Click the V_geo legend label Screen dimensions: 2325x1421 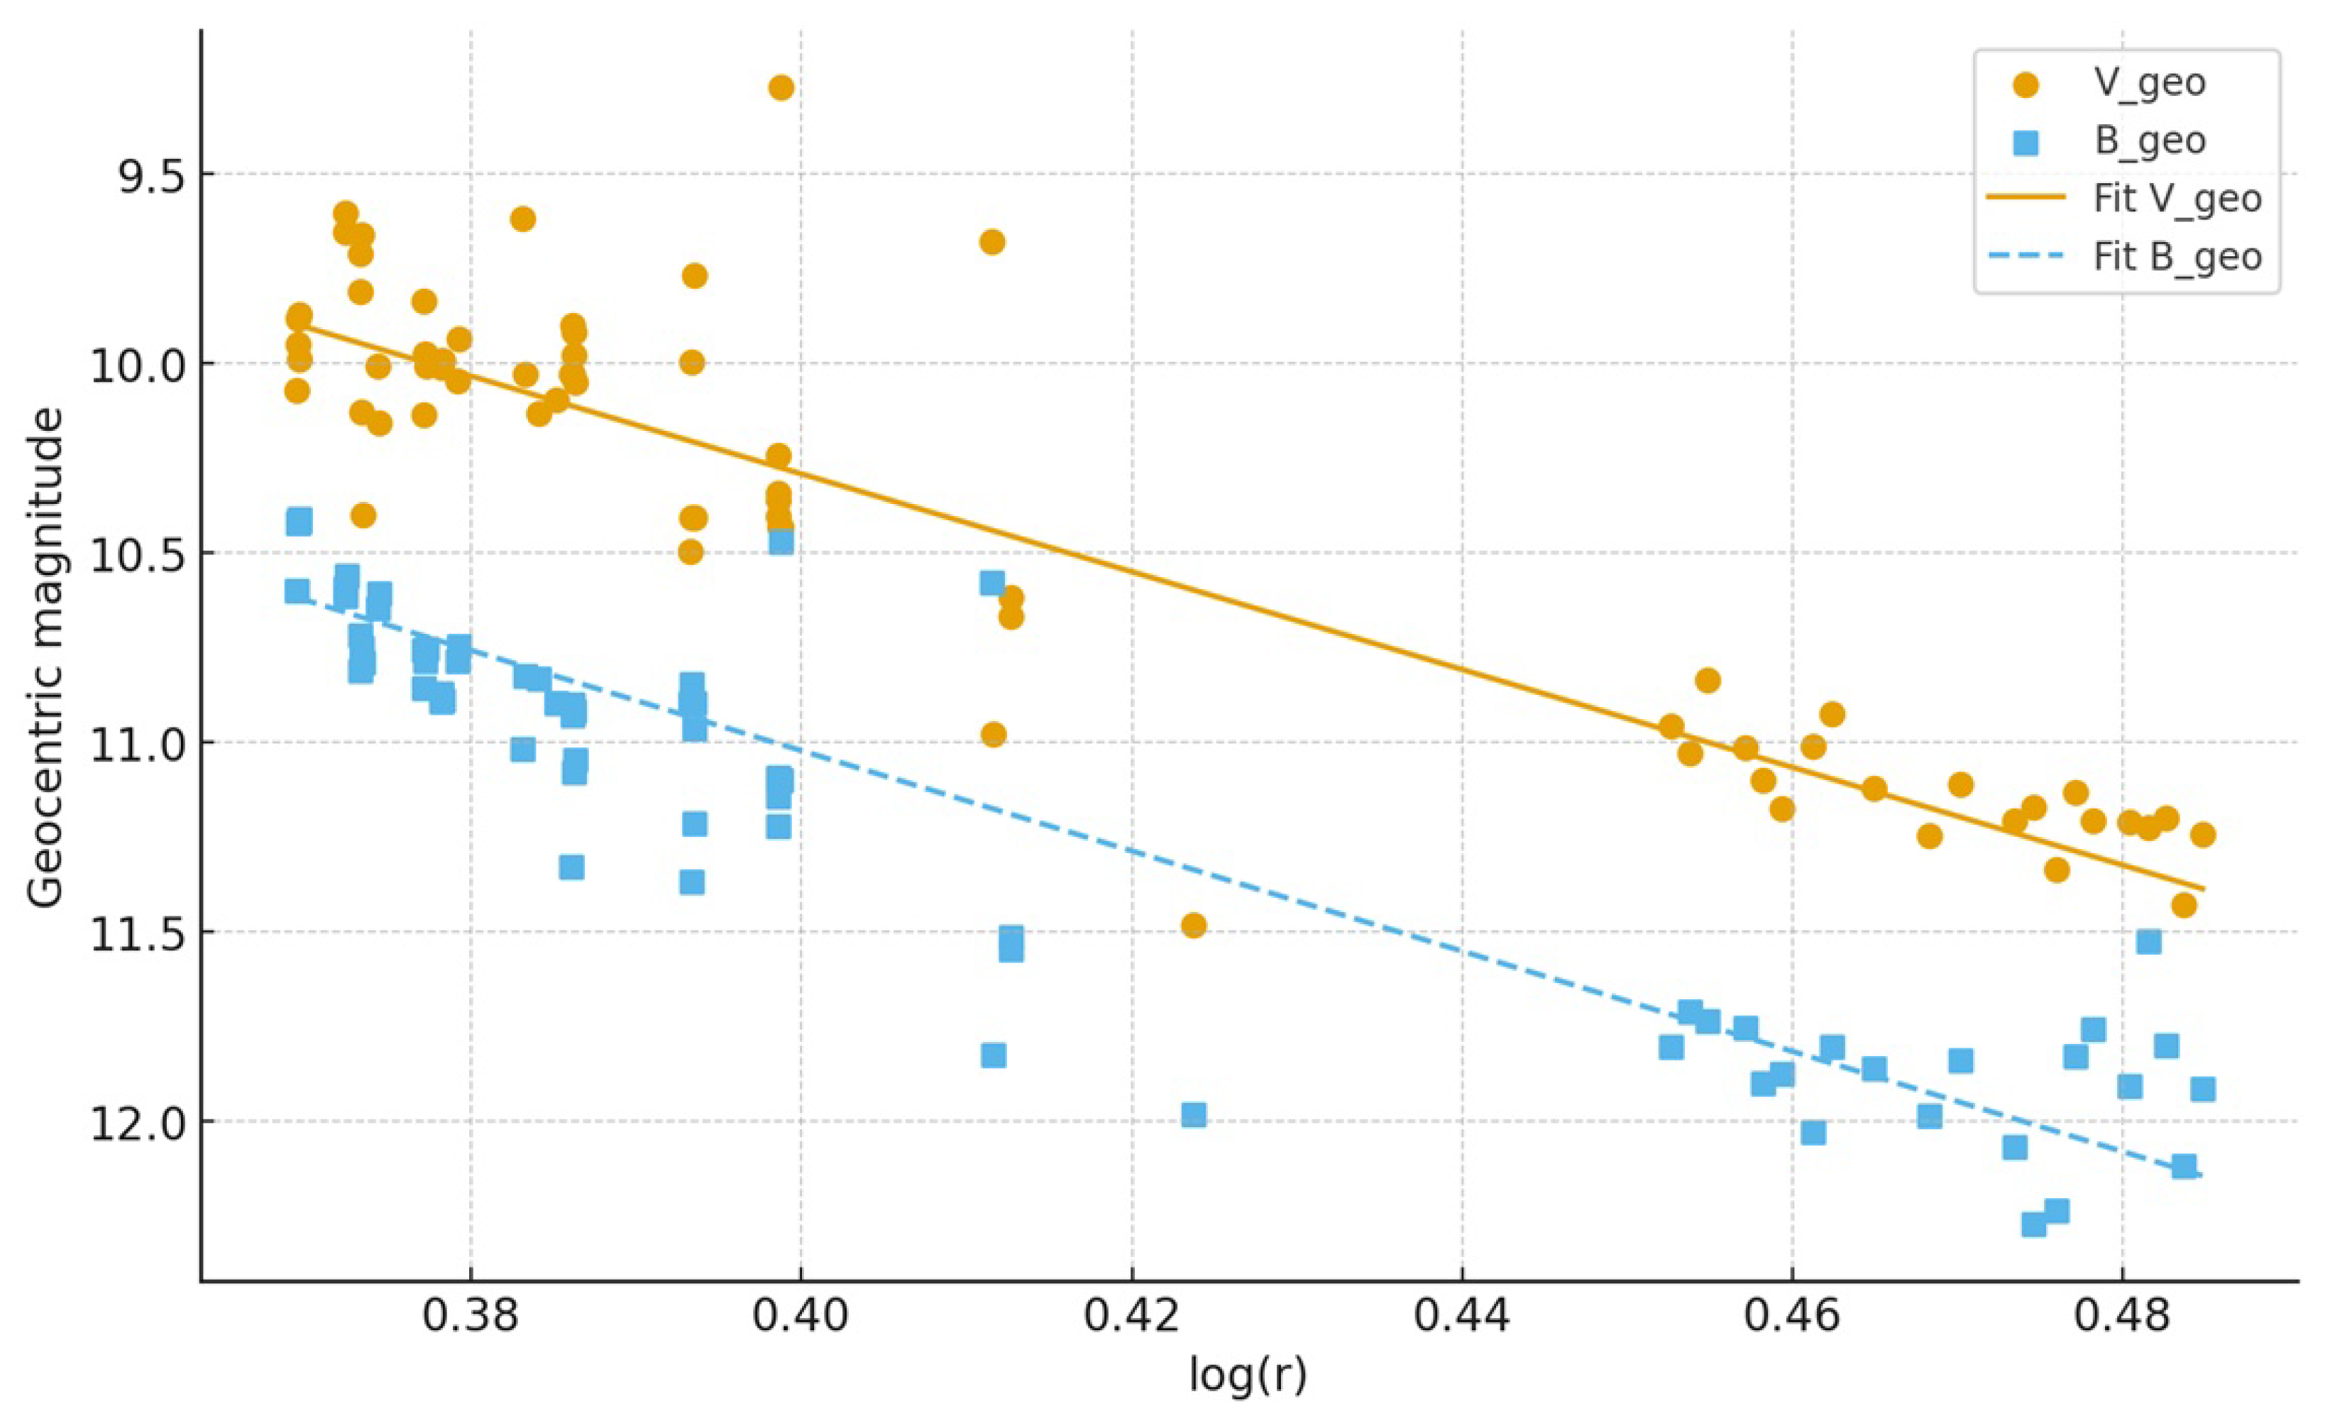click(x=2150, y=83)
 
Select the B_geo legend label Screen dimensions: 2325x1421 click(x=2150, y=141)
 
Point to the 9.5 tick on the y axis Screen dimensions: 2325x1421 click(x=151, y=175)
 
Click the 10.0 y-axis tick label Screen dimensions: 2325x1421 click(x=137, y=364)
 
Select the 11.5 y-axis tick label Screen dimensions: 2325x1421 click(x=137, y=932)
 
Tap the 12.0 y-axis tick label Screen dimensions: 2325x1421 click(x=137, y=1122)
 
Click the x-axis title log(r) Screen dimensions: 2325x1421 click(x=1248, y=1376)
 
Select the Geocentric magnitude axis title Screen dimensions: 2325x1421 click(x=45, y=658)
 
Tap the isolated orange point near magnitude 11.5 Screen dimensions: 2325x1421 click(x=1194, y=925)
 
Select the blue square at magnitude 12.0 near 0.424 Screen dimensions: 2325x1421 click(x=1194, y=1115)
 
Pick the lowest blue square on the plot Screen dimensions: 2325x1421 click(x=2033, y=1224)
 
